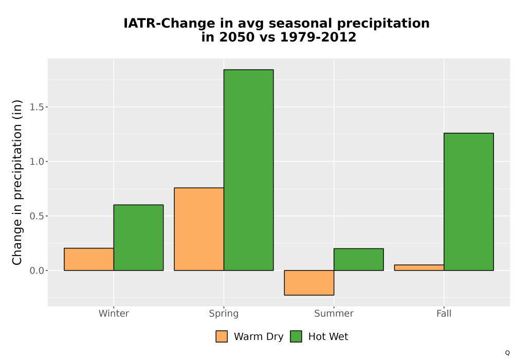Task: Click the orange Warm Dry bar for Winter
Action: click(89, 259)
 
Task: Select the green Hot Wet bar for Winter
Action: click(139, 238)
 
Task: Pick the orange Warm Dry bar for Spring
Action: click(199, 229)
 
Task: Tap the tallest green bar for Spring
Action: click(248, 170)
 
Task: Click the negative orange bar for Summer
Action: click(309, 283)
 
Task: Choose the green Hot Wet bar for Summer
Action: click(359, 259)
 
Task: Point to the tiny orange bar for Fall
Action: click(419, 267)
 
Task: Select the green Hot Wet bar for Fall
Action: click(469, 202)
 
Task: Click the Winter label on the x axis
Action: click(114, 313)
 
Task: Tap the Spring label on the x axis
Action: click(224, 314)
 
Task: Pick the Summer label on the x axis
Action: click(334, 313)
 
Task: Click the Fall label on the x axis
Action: click(444, 313)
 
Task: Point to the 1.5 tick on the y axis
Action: click(36, 107)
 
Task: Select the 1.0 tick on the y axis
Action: click(36, 161)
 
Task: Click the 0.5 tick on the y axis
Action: click(36, 216)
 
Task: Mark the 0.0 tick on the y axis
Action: click(36, 271)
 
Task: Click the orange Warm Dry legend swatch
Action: click(222, 336)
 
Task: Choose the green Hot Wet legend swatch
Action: click(296, 336)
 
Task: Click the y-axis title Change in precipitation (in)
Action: click(17, 182)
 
